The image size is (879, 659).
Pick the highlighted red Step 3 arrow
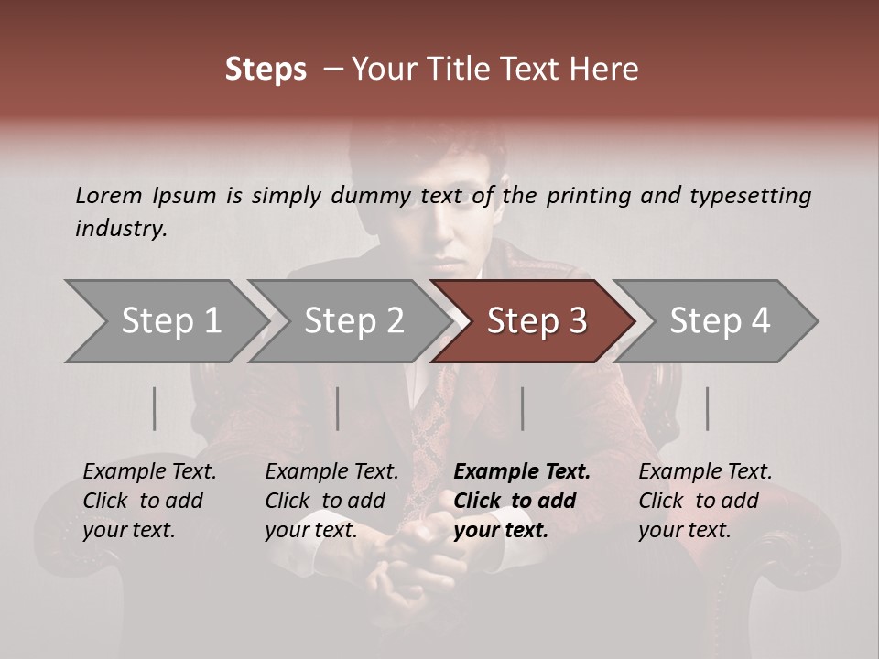click(536, 321)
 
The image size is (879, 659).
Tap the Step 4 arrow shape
click(719, 321)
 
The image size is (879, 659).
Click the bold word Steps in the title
click(266, 70)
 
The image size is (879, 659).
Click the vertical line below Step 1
click(155, 408)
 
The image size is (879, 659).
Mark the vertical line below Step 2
click(338, 408)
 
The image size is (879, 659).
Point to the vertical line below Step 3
click(522, 408)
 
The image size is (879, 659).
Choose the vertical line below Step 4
click(707, 408)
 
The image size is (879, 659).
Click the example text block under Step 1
click(149, 501)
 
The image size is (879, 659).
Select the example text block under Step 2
click(331, 501)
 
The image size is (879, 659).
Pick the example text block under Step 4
click(705, 501)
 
